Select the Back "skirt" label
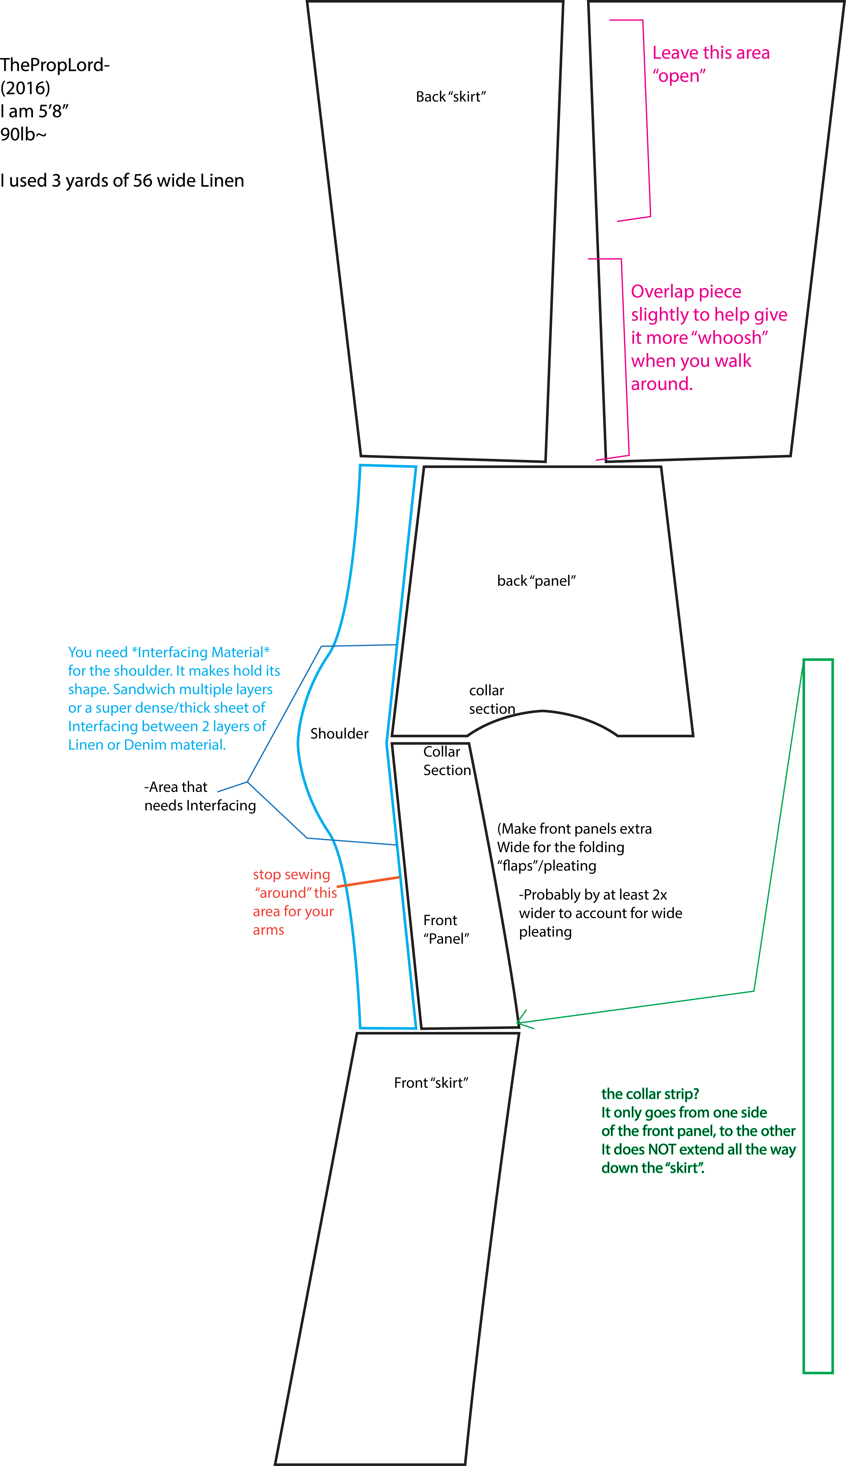pyautogui.click(x=451, y=96)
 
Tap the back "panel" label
pyautogui.click(x=536, y=581)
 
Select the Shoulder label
pyautogui.click(x=339, y=734)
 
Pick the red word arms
pyautogui.click(x=268, y=930)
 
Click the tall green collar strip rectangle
pyautogui.click(x=804, y=1016)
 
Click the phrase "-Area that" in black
pyautogui.click(x=176, y=787)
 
